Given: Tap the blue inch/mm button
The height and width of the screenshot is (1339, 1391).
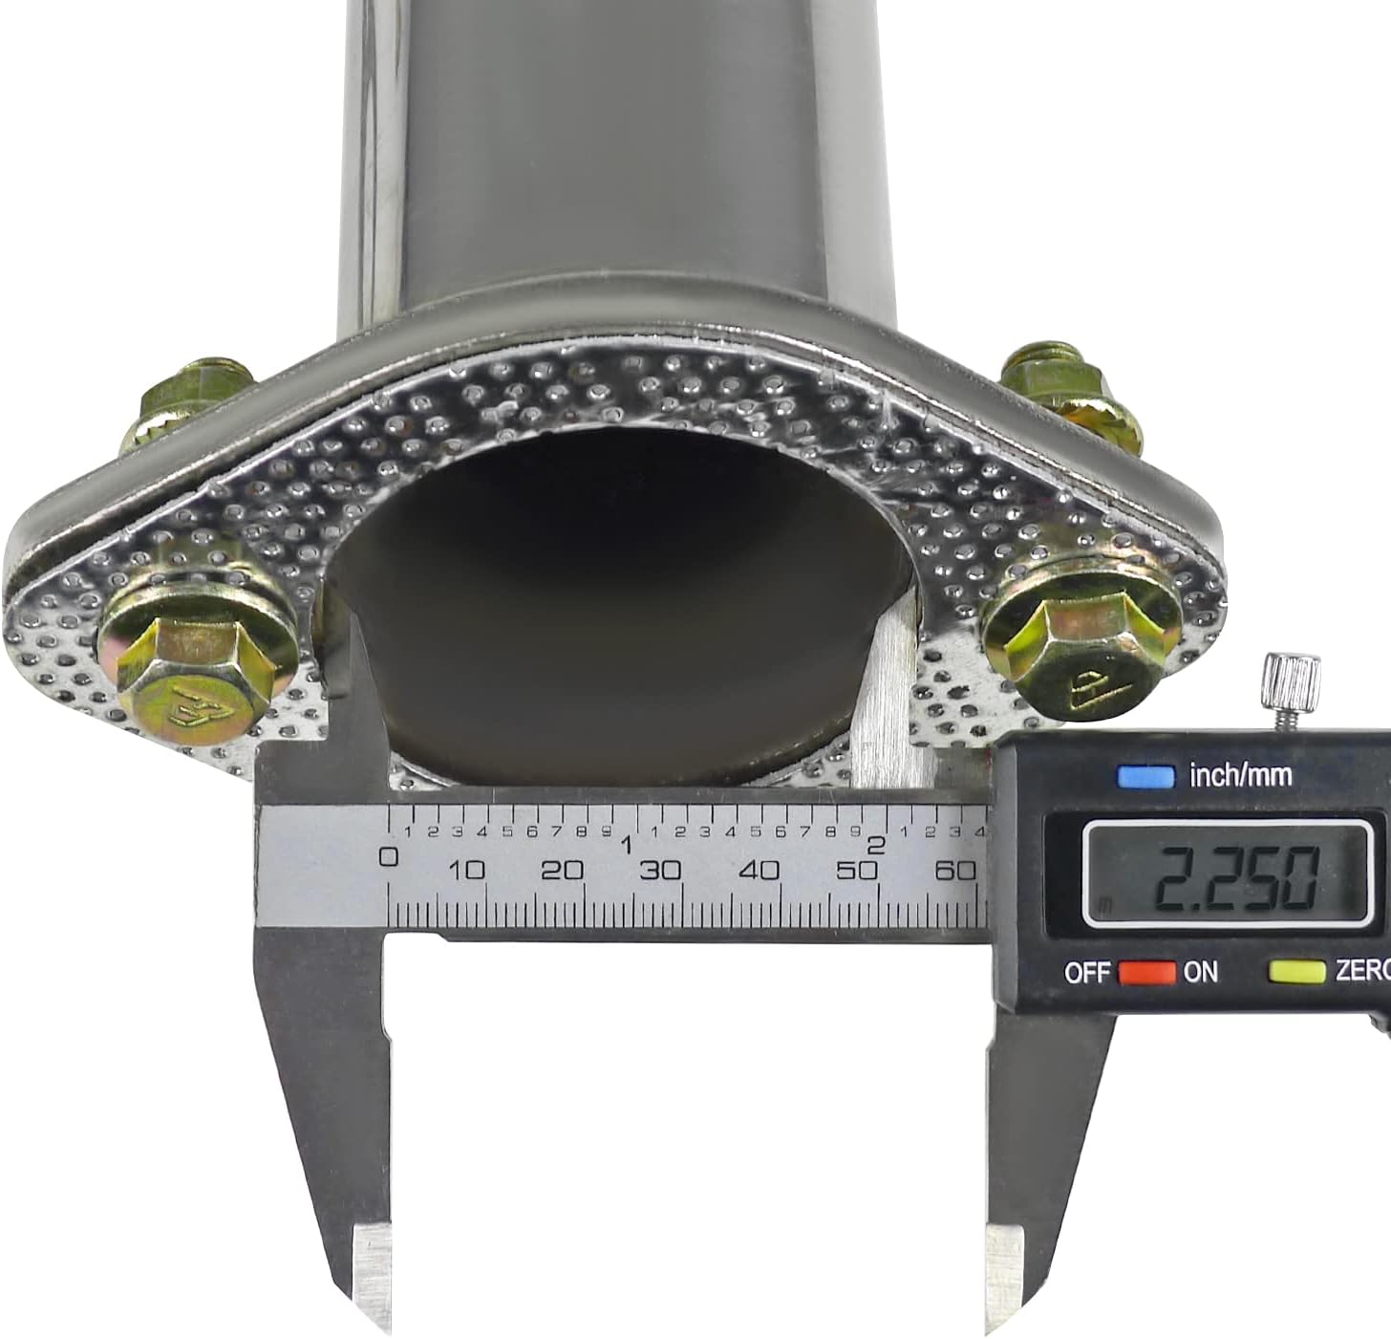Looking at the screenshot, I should (1145, 775).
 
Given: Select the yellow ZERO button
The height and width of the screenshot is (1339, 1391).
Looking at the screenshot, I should (1296, 972).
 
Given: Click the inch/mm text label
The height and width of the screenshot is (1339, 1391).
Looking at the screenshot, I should (1240, 775).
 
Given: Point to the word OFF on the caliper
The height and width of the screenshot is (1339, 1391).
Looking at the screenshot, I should (1087, 973).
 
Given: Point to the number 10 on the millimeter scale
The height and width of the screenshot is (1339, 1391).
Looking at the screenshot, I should (467, 870).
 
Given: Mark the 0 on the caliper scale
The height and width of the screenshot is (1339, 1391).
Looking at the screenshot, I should (389, 856).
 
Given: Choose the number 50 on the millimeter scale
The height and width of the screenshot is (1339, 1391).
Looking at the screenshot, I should (856, 870).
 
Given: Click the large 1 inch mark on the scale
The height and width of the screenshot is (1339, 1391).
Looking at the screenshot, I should (628, 847).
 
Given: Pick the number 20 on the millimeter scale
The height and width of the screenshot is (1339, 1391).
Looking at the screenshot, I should (562, 870).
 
